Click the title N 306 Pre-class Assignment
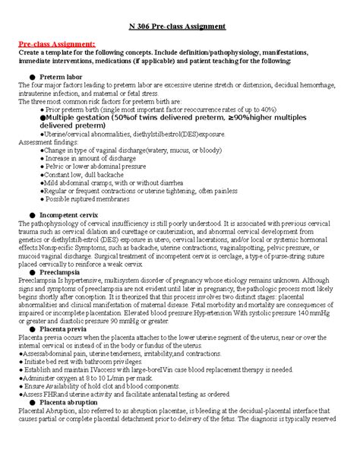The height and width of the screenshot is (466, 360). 180,26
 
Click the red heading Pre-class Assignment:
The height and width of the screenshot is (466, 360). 57,44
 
